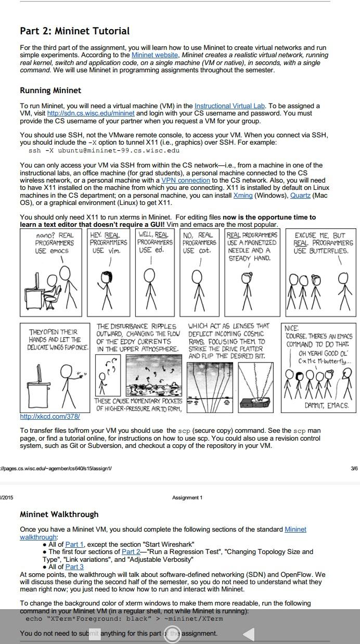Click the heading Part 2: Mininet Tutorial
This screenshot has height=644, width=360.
(x=74, y=31)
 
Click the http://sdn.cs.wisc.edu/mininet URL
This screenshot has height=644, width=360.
(x=91, y=113)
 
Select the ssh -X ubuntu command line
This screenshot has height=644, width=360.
(x=104, y=150)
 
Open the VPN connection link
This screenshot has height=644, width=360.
(x=185, y=181)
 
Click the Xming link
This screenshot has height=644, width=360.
(x=243, y=195)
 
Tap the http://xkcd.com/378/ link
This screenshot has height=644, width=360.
(x=49, y=417)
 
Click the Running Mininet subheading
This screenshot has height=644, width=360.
(x=50, y=91)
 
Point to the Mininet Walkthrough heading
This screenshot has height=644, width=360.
(x=59, y=514)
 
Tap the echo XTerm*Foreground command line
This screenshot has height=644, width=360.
(x=124, y=619)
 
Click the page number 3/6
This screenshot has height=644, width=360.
(x=354, y=468)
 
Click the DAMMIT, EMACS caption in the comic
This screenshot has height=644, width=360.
(x=327, y=405)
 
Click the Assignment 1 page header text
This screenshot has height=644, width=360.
(x=187, y=498)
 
